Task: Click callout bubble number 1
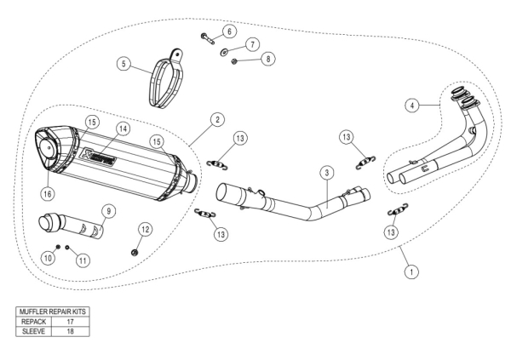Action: (411, 272)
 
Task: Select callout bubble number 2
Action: (219, 119)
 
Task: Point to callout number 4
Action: (412, 106)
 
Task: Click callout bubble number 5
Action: (123, 64)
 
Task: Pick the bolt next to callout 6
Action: (209, 37)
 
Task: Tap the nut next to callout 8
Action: (237, 62)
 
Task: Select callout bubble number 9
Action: (108, 210)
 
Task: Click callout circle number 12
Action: (145, 228)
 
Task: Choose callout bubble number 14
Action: (123, 129)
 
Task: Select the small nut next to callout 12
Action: (135, 251)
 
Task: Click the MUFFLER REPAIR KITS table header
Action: (52, 313)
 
